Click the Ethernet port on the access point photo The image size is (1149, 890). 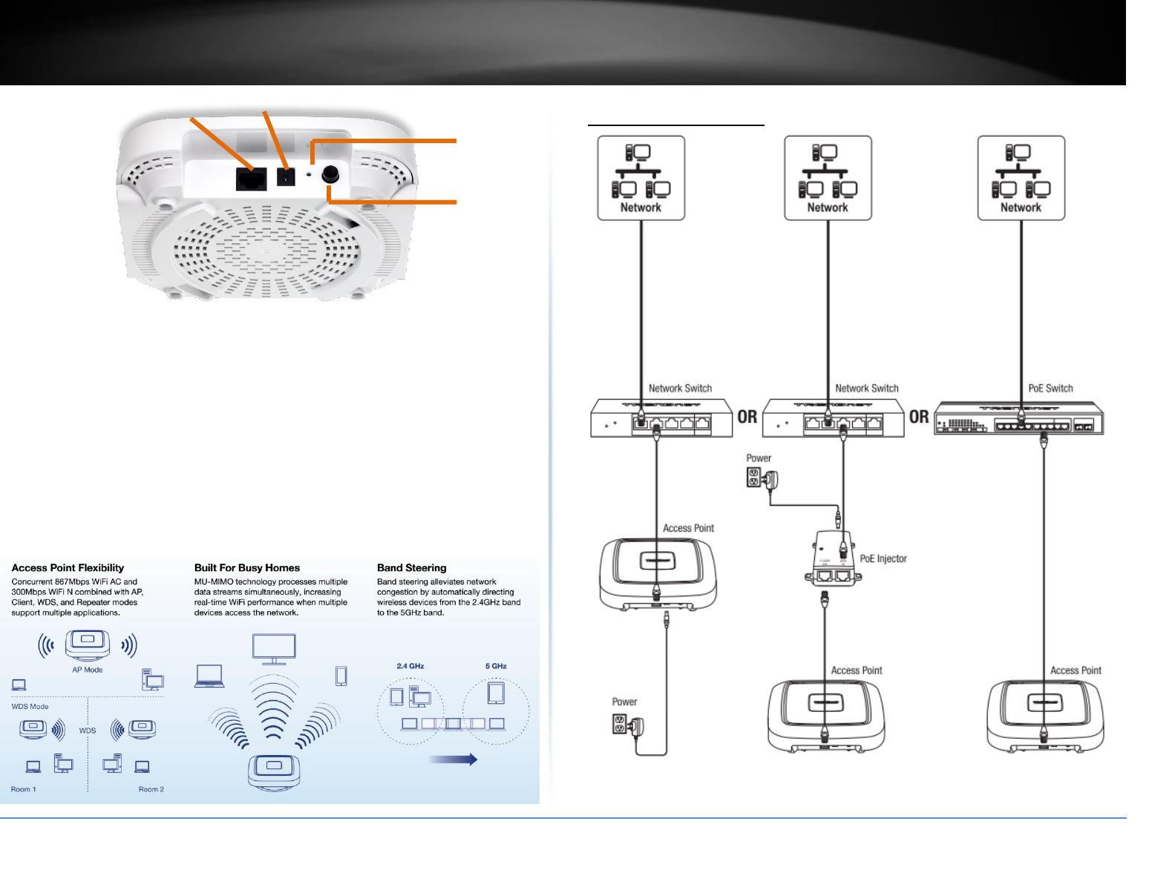tap(251, 179)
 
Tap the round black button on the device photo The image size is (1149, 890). tap(330, 175)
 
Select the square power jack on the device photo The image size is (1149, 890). tap(286, 177)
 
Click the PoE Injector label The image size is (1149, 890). tap(883, 558)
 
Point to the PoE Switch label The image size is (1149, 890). tap(1050, 388)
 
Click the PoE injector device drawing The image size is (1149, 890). tap(831, 559)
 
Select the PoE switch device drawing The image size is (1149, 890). tap(1018, 418)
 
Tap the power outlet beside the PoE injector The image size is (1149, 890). tap(755, 477)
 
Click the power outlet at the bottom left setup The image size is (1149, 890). tap(621, 724)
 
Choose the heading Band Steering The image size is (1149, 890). tap(411, 568)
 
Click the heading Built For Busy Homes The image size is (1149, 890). tap(247, 568)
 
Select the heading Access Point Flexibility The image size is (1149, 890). tap(68, 568)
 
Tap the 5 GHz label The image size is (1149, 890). tap(496, 666)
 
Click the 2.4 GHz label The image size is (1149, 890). tap(410, 666)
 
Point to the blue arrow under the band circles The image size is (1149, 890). tap(453, 759)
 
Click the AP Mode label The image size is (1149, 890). tap(88, 670)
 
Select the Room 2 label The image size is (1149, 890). tap(151, 789)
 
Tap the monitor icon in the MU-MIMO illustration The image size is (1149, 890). tap(274, 648)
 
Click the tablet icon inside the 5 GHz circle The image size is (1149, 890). tap(496, 693)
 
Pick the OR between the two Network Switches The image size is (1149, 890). tap(747, 417)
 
